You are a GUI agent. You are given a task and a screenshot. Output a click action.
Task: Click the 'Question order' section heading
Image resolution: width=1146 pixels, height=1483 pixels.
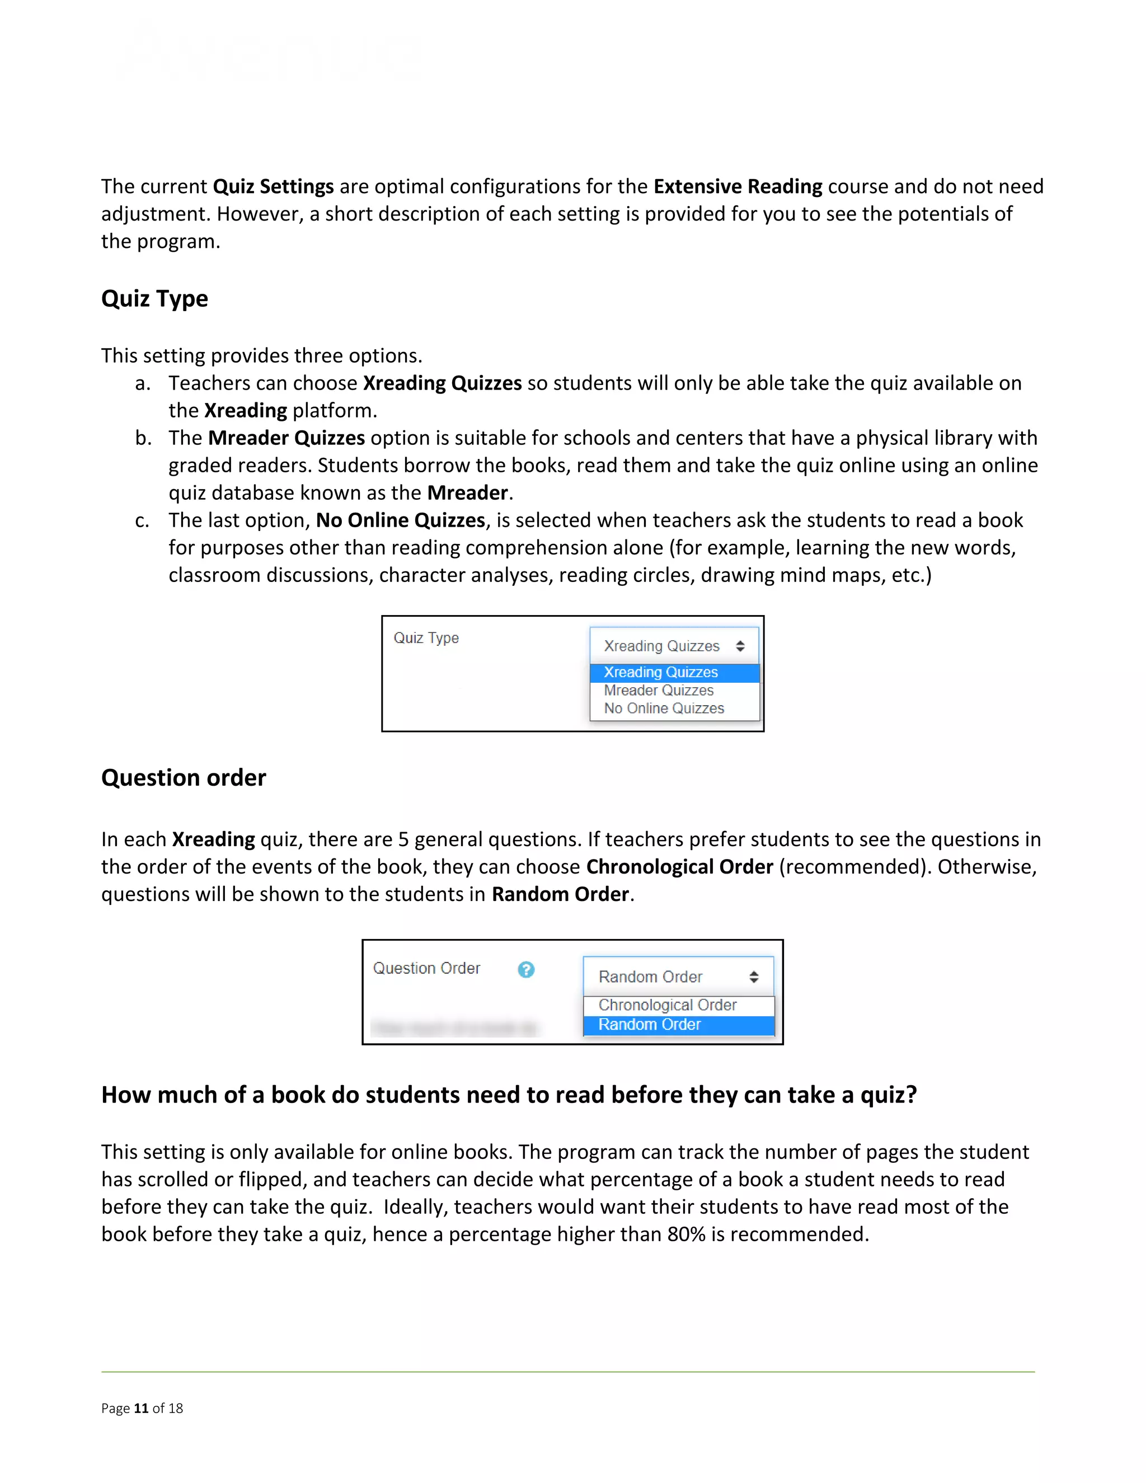[184, 777]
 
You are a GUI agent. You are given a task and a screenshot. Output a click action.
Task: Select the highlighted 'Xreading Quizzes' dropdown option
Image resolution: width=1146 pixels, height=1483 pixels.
[661, 672]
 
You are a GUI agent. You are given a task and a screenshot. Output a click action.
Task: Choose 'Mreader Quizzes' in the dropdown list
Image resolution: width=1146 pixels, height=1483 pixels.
[659, 691]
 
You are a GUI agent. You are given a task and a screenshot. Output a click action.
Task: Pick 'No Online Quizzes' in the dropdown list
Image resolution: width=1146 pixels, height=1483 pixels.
[664, 708]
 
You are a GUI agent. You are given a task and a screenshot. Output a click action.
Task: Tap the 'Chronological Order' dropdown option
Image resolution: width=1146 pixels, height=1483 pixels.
[668, 1005]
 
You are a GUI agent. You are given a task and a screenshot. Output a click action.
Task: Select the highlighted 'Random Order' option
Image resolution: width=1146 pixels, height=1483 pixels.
[649, 1025]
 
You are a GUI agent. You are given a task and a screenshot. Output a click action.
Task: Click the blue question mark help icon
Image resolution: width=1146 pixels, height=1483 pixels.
[526, 970]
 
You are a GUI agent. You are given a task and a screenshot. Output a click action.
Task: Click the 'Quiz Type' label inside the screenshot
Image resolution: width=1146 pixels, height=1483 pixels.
[426, 639]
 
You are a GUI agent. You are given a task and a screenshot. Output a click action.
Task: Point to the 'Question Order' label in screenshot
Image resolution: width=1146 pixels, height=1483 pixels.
[426, 968]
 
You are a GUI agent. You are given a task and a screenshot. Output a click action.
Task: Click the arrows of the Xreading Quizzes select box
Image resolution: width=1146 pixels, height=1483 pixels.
[740, 646]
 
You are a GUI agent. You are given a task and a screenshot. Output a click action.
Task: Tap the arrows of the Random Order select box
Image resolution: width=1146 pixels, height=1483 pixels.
[754, 977]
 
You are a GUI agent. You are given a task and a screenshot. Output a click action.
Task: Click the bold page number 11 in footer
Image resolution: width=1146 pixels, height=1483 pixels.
[141, 1409]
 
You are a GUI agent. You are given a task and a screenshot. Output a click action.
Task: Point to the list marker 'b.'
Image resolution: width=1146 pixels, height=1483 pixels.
[143, 439]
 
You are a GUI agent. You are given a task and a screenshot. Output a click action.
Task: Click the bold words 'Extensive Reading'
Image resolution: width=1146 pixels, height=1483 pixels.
[738, 187]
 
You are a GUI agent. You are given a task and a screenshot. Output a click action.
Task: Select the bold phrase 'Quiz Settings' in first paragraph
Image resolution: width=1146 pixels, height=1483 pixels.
[273, 187]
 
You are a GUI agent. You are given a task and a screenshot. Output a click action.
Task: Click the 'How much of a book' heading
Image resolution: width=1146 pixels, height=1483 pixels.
[509, 1095]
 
